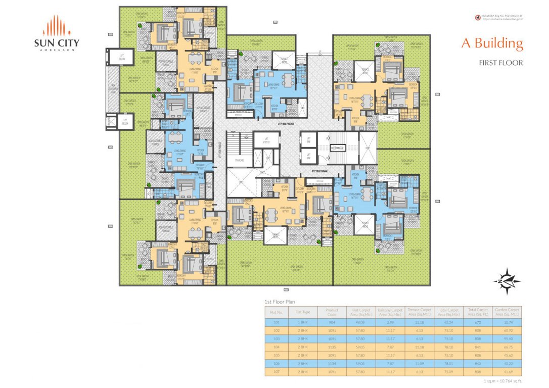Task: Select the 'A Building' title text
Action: (x=491, y=43)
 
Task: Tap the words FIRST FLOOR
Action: (x=500, y=63)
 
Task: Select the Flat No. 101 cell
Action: (x=277, y=321)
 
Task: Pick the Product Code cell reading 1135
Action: (x=331, y=347)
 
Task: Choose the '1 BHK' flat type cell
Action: (x=302, y=321)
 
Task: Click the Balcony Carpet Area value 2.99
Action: (x=390, y=321)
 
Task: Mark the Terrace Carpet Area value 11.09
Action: (x=419, y=363)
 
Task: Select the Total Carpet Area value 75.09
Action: (x=448, y=372)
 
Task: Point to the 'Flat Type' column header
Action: (x=302, y=312)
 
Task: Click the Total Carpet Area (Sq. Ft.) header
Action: (x=478, y=312)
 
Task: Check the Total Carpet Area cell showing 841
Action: (x=478, y=347)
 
